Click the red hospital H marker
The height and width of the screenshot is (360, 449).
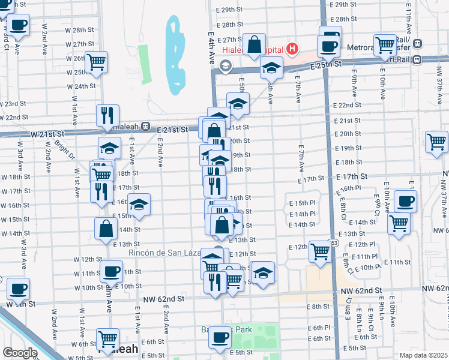point(292,48)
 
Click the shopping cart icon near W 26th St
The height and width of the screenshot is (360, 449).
point(96,62)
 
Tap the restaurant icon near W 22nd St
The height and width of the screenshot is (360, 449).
point(108,115)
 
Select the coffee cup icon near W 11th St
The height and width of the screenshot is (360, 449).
point(110,272)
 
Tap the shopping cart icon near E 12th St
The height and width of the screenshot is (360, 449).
point(320,251)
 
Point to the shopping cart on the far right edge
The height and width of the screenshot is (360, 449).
point(436,142)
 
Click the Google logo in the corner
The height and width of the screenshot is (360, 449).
point(20,353)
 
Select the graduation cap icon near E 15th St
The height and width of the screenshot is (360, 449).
point(139,205)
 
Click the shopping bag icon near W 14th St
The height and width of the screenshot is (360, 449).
point(106,228)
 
